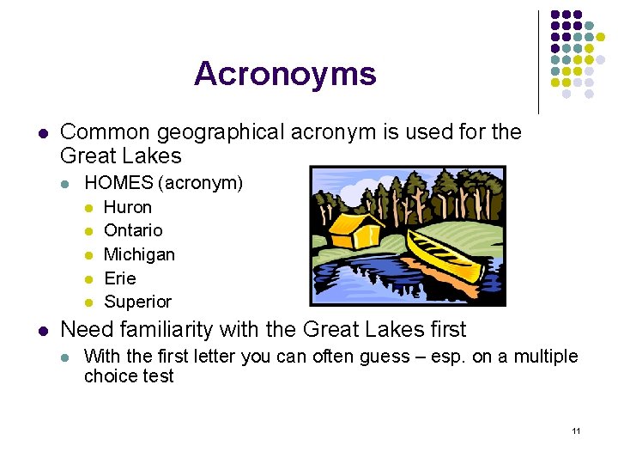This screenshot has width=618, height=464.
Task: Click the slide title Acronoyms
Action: coord(285,74)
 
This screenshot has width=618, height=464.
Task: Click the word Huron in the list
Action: coord(127,207)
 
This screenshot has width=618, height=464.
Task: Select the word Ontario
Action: coord(132,230)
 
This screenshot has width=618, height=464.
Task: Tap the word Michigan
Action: coord(139,254)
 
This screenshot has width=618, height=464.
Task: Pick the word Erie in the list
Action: coord(120,278)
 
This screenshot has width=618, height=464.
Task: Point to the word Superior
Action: coord(137,302)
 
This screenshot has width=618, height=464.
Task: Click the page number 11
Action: coord(576,430)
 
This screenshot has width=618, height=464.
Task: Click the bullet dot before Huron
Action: coord(88,208)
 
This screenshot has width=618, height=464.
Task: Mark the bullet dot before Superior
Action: coord(88,302)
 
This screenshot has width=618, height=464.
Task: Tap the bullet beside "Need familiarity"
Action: coord(43,330)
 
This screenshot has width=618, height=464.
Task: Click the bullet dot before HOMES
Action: coord(67,184)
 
